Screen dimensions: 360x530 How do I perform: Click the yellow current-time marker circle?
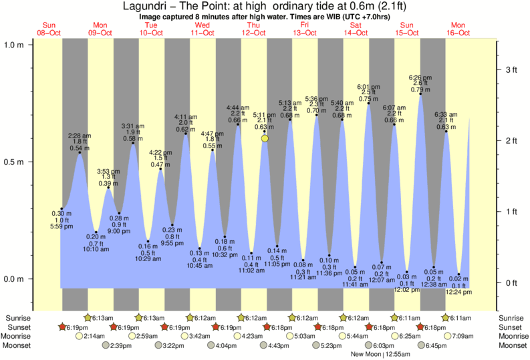click(x=265, y=138)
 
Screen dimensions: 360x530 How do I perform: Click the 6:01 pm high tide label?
click(x=368, y=87)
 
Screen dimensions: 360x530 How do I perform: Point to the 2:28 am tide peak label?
click(x=80, y=136)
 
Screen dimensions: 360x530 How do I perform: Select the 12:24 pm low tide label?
click(x=459, y=293)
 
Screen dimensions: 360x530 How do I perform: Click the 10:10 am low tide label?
click(x=96, y=249)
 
